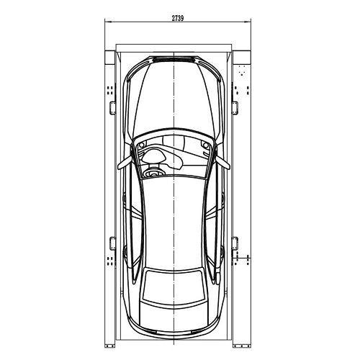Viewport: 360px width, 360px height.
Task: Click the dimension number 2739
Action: tap(178, 18)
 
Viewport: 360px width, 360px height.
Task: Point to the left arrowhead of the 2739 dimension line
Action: tap(108, 22)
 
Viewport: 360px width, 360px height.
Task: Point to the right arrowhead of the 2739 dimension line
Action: tap(248, 22)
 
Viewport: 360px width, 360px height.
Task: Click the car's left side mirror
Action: tap(125, 163)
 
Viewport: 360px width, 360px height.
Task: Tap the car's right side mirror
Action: tap(222, 163)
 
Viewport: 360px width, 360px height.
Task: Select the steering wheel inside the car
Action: tap(152, 173)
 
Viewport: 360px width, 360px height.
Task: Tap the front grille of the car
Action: tap(174, 60)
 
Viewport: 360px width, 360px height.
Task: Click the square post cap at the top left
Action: tap(110, 58)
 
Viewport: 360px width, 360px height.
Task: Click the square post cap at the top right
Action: tap(242, 58)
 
